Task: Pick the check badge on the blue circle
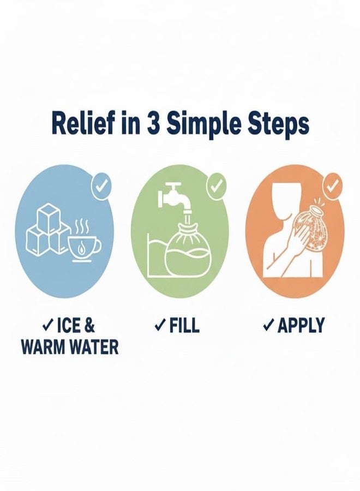(101, 187)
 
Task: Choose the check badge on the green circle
(217, 187)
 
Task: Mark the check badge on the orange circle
(331, 187)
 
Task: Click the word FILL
(184, 326)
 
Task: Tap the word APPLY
(301, 326)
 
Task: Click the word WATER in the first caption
(92, 347)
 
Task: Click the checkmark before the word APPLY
(268, 326)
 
